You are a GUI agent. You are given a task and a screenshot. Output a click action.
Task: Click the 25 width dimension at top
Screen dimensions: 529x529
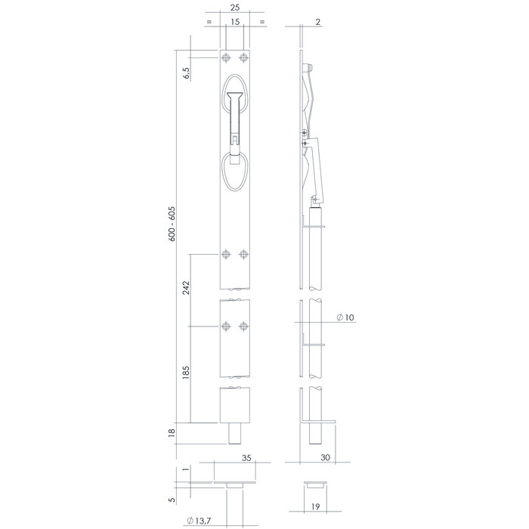tap(234, 10)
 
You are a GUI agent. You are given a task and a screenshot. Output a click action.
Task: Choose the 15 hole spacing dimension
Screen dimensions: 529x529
tap(234, 23)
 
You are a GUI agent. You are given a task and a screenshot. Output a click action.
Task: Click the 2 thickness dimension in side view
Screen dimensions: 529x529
tap(320, 23)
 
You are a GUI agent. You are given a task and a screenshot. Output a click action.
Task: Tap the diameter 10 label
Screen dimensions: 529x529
tap(347, 318)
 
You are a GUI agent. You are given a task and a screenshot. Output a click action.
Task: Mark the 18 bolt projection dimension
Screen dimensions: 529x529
tap(172, 432)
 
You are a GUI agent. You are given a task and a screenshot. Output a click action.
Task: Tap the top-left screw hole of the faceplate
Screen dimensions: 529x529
tap(226, 58)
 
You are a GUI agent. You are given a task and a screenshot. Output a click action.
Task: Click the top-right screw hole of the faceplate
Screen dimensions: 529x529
tap(243, 58)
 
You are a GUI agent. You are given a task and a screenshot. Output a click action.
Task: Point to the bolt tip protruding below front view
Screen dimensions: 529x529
tap(235, 437)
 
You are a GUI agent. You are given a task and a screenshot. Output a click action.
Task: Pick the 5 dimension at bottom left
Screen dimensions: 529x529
tap(172, 500)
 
